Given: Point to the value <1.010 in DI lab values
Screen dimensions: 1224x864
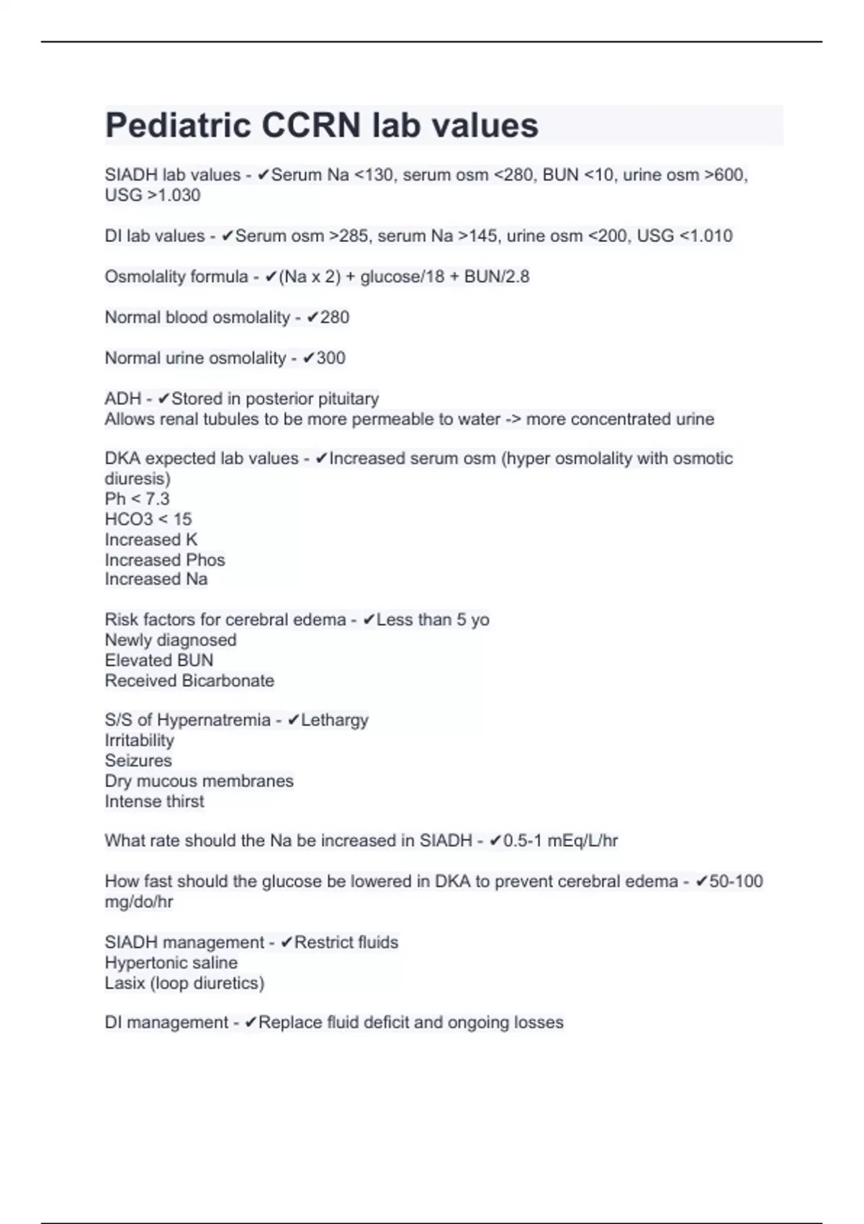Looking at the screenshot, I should (706, 236).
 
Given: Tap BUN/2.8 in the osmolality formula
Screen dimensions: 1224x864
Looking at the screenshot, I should (497, 276).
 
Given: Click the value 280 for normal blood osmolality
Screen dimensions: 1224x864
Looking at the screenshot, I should (335, 318).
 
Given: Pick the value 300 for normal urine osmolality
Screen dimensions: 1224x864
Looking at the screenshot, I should (331, 358).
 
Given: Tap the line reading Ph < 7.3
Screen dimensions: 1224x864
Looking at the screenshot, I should (137, 499).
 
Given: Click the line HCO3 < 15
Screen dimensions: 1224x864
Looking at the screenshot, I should (148, 519).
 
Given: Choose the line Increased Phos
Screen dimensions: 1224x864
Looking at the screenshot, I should (165, 559).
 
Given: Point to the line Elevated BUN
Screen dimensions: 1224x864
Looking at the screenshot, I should (159, 660).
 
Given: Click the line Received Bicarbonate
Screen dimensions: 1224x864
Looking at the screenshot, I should (189, 680).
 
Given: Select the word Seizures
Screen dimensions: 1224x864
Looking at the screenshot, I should (138, 760).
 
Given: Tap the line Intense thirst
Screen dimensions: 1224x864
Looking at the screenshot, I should (154, 801).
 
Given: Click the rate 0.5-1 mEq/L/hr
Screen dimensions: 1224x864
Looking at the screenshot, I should (560, 841).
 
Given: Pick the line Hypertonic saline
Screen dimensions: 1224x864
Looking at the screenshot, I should (171, 963).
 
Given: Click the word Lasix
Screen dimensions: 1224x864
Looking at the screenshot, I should (125, 983).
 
